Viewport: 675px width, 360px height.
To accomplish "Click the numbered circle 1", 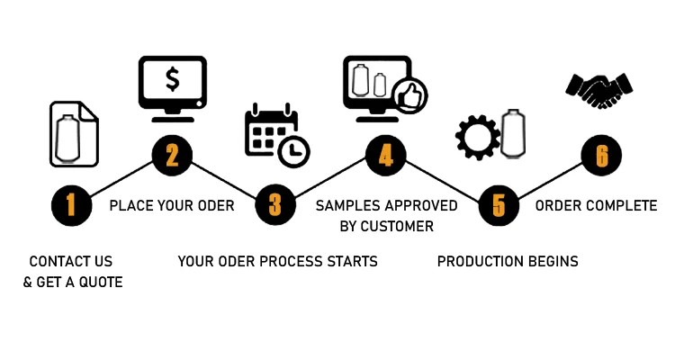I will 70,205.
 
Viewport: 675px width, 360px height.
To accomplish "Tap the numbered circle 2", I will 172,156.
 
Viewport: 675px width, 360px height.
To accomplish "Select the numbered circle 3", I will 274,205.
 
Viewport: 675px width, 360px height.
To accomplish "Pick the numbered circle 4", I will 385,156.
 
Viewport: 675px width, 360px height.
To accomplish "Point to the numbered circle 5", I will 498,205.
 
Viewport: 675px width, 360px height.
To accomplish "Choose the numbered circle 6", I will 601,156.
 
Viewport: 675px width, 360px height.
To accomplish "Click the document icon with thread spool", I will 72,134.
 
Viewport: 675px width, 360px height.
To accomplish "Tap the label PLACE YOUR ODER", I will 172,206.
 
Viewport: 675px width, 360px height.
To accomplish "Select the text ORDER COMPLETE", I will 596,206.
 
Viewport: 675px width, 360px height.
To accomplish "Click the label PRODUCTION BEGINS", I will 508,262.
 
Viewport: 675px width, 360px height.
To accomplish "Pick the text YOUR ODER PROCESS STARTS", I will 277,262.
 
